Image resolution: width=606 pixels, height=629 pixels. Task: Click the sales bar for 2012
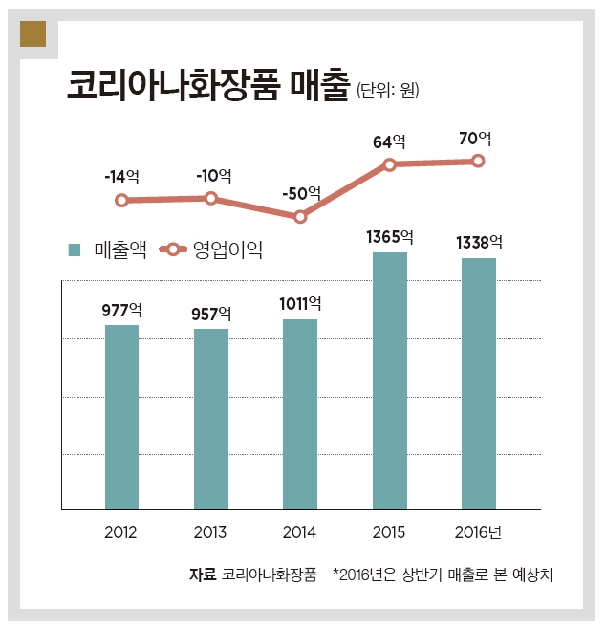tap(121, 417)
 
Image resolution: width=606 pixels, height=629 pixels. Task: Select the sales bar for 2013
tap(211, 419)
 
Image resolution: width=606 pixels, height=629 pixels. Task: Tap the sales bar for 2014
tap(300, 414)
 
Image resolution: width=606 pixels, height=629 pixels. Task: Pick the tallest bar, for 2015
tap(389, 380)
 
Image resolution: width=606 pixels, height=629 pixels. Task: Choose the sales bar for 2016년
tap(479, 383)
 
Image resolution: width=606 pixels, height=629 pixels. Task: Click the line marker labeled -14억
tap(121, 201)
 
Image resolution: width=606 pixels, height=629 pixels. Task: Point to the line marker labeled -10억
tap(211, 199)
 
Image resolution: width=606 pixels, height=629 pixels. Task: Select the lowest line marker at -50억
tap(300, 217)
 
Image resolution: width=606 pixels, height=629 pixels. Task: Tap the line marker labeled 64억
tap(390, 165)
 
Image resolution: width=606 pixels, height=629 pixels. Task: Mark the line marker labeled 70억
tap(479, 161)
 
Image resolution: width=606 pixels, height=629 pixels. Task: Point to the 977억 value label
tap(121, 310)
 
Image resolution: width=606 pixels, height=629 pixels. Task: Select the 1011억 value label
tap(300, 304)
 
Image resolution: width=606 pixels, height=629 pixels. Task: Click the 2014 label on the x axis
tap(300, 532)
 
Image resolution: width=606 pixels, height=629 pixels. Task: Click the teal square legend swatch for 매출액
tap(75, 250)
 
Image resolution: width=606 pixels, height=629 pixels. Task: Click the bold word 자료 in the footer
tap(204, 575)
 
